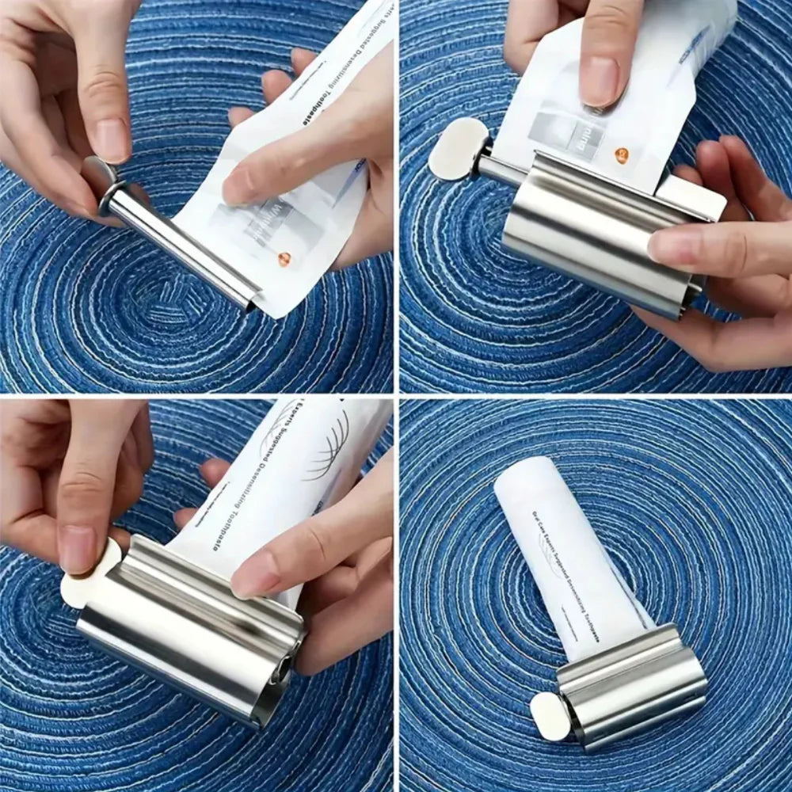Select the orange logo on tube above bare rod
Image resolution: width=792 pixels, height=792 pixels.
(283, 258)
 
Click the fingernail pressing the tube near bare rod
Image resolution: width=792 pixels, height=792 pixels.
(238, 188)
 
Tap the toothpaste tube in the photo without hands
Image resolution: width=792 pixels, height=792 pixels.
(570, 554)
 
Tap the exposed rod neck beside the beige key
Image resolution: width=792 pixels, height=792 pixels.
(495, 168)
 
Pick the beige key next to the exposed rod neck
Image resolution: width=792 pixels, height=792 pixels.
(458, 148)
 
